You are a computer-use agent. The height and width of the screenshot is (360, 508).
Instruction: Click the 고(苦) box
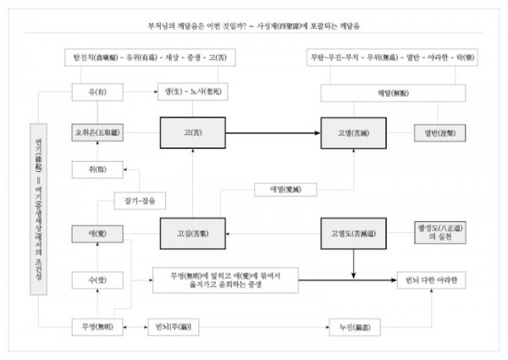(192, 133)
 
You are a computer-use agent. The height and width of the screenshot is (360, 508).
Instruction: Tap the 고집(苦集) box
(192, 231)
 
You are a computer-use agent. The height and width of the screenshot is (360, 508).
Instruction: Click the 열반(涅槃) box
(434, 133)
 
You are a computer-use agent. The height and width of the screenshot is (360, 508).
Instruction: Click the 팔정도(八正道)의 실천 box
(433, 231)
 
